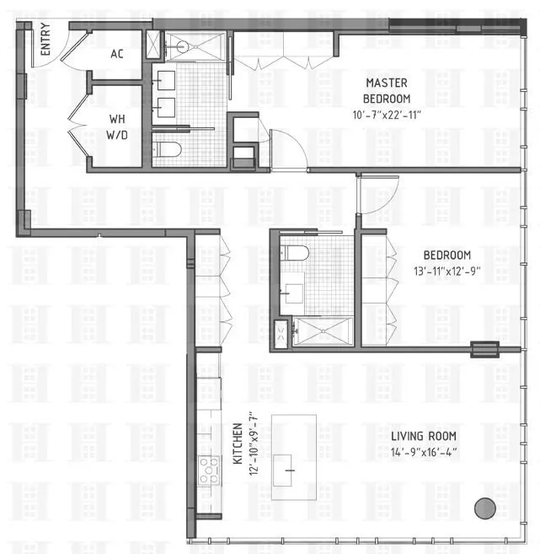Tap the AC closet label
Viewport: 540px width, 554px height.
coord(117,52)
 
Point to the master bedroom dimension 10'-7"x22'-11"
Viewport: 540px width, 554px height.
coord(387,114)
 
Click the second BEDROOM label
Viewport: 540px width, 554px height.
coord(446,255)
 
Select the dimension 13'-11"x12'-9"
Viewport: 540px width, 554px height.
coord(446,271)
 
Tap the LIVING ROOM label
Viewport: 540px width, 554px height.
coord(423,436)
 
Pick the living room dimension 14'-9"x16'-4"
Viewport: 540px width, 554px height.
coord(423,452)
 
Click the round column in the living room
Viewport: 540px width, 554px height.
coord(484,508)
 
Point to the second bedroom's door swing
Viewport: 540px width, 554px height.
coord(377,196)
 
